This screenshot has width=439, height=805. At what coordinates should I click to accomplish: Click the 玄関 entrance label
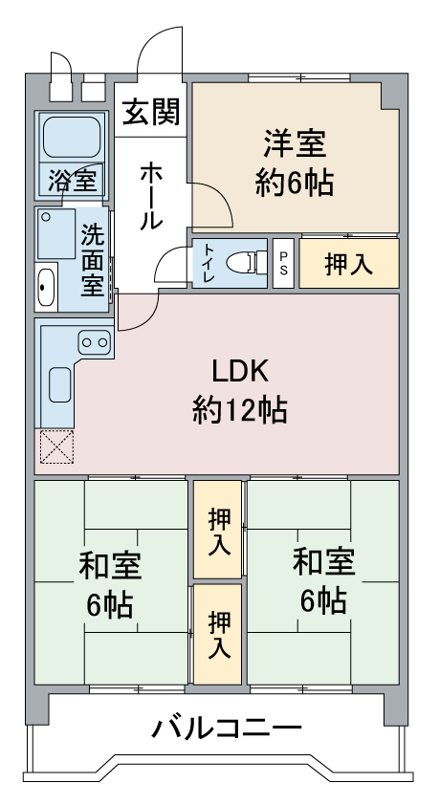(x=151, y=112)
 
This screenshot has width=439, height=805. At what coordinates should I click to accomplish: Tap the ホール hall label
(x=151, y=196)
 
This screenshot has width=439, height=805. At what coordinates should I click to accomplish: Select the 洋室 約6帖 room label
(x=296, y=163)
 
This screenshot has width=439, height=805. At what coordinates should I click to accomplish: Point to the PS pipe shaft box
(x=283, y=263)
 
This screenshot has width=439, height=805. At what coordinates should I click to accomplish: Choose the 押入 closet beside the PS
(x=349, y=263)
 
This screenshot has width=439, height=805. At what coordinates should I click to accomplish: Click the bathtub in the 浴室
(x=72, y=137)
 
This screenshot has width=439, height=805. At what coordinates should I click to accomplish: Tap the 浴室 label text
(x=72, y=182)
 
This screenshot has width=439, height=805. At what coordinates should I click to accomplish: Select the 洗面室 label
(x=93, y=260)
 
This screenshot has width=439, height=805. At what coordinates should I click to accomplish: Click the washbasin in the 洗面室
(x=46, y=287)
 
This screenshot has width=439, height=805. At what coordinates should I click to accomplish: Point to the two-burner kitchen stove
(x=96, y=342)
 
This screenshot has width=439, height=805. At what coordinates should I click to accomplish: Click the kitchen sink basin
(x=60, y=384)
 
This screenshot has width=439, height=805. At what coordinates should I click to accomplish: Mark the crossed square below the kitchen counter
(x=57, y=446)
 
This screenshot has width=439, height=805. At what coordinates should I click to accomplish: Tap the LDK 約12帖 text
(x=240, y=390)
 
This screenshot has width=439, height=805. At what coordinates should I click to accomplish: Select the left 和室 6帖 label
(x=110, y=585)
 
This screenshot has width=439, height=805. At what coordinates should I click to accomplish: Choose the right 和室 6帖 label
(x=323, y=581)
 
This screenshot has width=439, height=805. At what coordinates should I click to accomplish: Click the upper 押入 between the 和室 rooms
(x=218, y=529)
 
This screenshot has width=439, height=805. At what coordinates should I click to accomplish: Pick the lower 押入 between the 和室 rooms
(x=218, y=634)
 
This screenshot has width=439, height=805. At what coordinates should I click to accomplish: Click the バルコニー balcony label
(x=227, y=728)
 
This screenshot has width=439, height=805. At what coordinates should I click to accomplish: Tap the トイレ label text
(x=209, y=263)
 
